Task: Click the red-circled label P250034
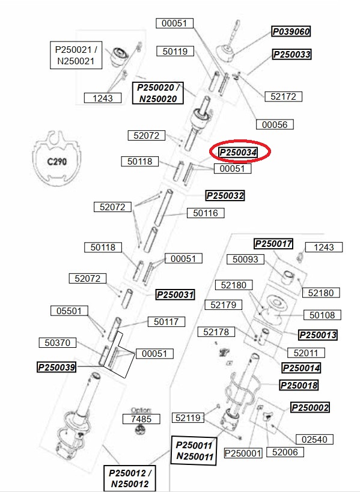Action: (x=238, y=153)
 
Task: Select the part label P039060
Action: (x=291, y=31)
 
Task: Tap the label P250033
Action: (x=292, y=54)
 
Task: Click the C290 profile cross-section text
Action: (x=57, y=162)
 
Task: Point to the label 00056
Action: (x=275, y=124)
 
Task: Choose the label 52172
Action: (x=284, y=96)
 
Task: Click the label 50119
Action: (x=175, y=51)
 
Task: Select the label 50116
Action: (x=206, y=213)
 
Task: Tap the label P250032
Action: (x=225, y=195)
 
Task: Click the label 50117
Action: (x=166, y=321)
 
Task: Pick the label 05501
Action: (x=69, y=311)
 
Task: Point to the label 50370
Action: (x=58, y=342)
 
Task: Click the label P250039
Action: (x=56, y=367)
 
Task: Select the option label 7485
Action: (x=141, y=419)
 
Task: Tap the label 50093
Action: (x=245, y=259)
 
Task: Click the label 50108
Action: (x=322, y=315)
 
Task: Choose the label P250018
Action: (x=299, y=385)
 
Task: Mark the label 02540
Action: (x=314, y=439)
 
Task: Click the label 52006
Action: (x=285, y=452)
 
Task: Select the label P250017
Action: (x=273, y=243)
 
